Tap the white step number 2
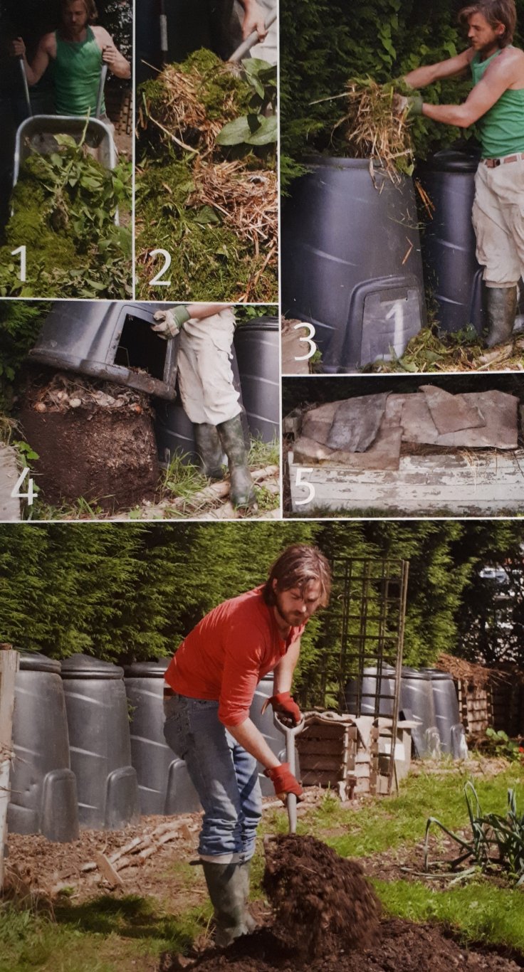(159, 268)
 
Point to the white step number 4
(24, 487)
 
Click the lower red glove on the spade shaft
(285, 780)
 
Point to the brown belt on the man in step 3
(503, 161)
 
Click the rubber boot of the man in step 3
(501, 315)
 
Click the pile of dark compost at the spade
(321, 877)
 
